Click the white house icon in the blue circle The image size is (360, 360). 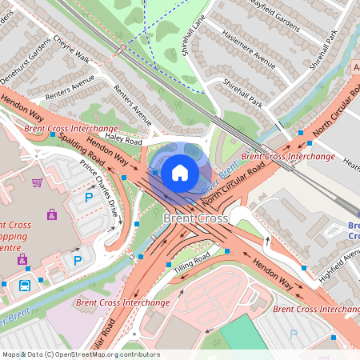(180, 171)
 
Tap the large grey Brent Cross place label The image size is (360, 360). (195, 218)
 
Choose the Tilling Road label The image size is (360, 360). (191, 264)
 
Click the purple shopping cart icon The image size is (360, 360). (37, 182)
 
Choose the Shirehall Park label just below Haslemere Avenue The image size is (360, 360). (243, 93)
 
